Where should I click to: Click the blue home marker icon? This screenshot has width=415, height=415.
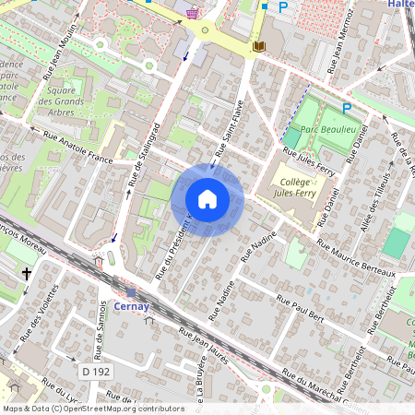tap(207, 199)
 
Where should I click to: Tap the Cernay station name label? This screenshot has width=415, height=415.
tap(133, 306)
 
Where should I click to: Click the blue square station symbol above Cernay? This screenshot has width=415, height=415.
tap(132, 292)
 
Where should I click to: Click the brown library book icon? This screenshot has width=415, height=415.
tap(259, 45)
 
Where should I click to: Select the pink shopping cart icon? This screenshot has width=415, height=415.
tap(192, 13)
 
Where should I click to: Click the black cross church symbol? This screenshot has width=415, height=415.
tap(27, 274)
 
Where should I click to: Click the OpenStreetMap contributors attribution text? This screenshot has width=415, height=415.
tap(92, 408)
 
